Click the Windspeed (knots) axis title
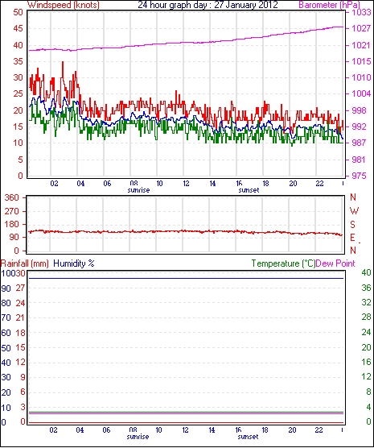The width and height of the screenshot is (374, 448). (x=64, y=5)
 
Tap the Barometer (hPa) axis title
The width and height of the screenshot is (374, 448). (x=329, y=5)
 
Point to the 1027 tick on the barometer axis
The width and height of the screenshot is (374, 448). (x=361, y=28)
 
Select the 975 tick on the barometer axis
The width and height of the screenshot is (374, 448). (x=361, y=176)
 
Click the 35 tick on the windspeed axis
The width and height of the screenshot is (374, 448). (x=18, y=61)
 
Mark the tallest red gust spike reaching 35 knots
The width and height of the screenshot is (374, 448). (x=63, y=62)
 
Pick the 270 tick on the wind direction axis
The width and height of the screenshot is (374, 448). (x=12, y=211)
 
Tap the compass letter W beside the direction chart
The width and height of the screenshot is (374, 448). (x=354, y=211)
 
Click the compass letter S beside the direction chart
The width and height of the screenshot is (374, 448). (x=352, y=225)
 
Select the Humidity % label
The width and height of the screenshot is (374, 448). (x=74, y=263)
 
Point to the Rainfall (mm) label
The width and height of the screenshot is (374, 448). (x=25, y=263)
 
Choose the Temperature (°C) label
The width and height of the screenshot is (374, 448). (x=283, y=263)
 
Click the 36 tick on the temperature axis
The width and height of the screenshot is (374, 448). (x=366, y=288)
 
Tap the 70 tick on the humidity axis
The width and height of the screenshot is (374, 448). (x=6, y=317)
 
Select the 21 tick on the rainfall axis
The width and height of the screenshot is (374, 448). (x=21, y=317)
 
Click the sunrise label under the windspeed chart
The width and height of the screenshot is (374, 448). (x=138, y=190)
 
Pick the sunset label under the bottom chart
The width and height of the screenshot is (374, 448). (x=249, y=437)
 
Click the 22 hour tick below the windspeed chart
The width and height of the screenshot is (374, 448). (x=320, y=183)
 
